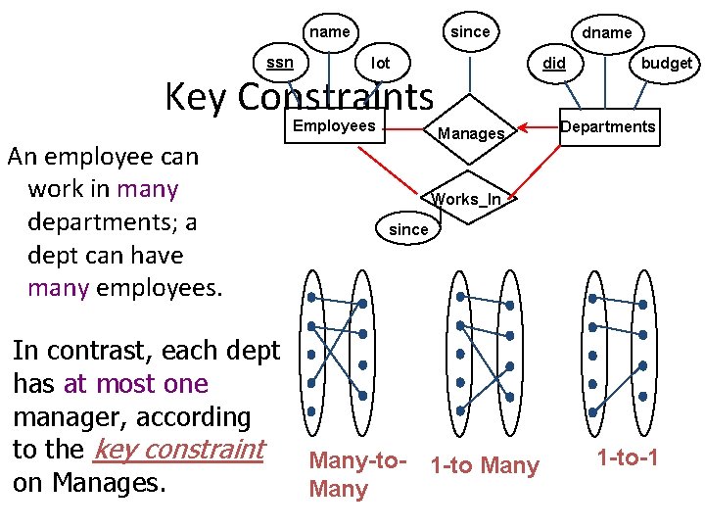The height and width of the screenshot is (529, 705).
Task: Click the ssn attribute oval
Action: click(280, 63)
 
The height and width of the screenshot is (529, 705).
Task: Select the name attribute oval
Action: click(329, 31)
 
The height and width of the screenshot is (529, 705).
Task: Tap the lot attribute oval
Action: click(381, 63)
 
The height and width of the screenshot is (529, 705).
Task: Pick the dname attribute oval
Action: click(606, 32)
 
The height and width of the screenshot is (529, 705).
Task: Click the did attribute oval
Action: click(554, 63)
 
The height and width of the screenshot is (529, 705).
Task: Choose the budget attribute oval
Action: click(665, 63)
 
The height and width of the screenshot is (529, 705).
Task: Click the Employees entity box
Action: click(334, 125)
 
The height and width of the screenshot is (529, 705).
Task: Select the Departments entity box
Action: click(608, 126)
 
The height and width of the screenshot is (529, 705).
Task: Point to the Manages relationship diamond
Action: click(471, 132)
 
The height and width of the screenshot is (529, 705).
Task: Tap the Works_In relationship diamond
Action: click(469, 199)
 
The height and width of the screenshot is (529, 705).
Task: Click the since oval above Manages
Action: click(469, 31)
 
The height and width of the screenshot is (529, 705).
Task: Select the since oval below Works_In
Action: click(408, 228)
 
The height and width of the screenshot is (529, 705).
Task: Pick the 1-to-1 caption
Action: click(628, 457)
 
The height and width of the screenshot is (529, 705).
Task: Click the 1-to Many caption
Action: click(484, 465)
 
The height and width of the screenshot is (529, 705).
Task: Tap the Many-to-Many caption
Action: click(352, 474)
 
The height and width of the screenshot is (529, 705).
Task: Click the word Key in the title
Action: click(196, 96)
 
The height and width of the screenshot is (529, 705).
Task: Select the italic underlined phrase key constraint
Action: click(180, 449)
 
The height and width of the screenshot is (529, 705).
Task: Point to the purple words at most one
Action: click(135, 383)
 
